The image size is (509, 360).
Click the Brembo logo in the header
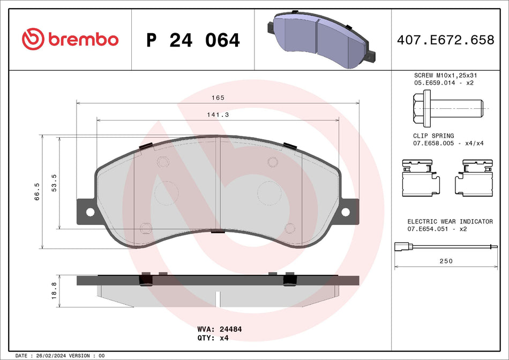tap(70, 39)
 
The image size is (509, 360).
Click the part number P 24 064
tap(193, 40)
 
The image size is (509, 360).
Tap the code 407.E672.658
tap(445, 40)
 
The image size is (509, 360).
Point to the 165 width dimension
tap(217, 98)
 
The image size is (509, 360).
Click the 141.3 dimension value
tap(218, 115)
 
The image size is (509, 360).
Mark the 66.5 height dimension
tap(36, 191)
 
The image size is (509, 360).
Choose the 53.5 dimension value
tap(54, 182)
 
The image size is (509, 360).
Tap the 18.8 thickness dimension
tap(54, 291)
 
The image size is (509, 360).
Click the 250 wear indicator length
tap(446, 261)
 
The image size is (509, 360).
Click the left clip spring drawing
tap(421, 178)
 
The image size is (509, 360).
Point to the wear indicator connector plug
tap(399, 247)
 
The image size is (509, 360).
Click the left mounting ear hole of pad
tap(89, 212)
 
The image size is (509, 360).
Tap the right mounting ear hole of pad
tap(346, 212)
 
